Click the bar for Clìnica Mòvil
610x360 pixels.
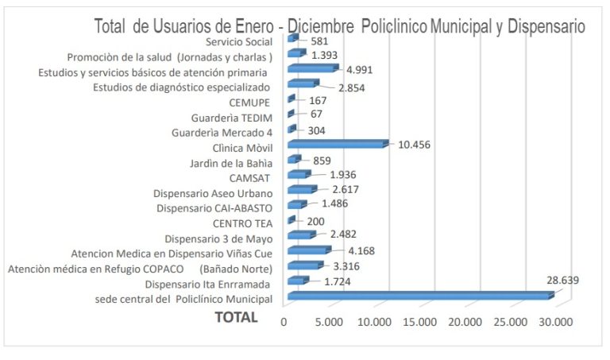click(337, 144)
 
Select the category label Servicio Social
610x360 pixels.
click(238, 41)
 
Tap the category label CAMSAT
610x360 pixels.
click(250, 177)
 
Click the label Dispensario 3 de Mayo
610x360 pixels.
click(218, 238)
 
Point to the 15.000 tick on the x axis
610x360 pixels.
click(419, 322)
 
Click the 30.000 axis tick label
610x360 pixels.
click(554, 322)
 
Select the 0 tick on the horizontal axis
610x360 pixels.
click(284, 322)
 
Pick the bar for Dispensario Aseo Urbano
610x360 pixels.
click(301, 190)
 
